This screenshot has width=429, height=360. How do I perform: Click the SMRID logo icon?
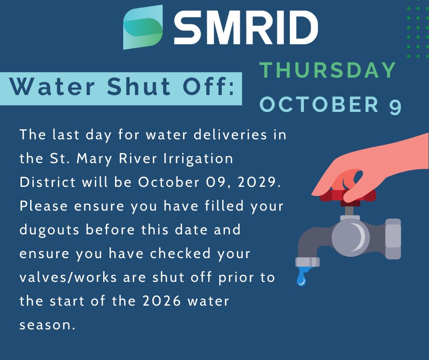click(143, 27)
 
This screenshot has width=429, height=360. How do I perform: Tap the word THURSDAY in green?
click(328, 70)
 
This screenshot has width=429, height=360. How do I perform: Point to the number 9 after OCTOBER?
click(395, 106)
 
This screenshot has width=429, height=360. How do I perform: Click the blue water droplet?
click(302, 278)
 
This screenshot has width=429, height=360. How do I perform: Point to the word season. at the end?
click(47, 325)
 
